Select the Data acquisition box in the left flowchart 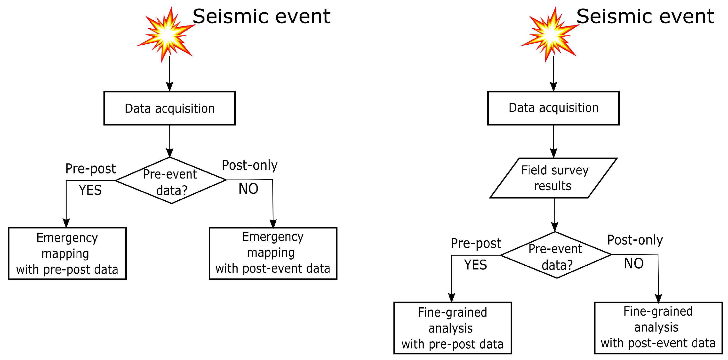169,108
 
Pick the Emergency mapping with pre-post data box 67,254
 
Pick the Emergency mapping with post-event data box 273,254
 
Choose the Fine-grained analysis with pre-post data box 452,328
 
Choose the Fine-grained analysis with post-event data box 658,328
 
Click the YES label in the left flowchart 90,190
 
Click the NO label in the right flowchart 634,263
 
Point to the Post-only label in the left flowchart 249,165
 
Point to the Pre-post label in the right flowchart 476,243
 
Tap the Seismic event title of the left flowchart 261,16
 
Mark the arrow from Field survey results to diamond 554,215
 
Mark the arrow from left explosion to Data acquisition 169,74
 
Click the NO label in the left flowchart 248,189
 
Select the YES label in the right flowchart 475,265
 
